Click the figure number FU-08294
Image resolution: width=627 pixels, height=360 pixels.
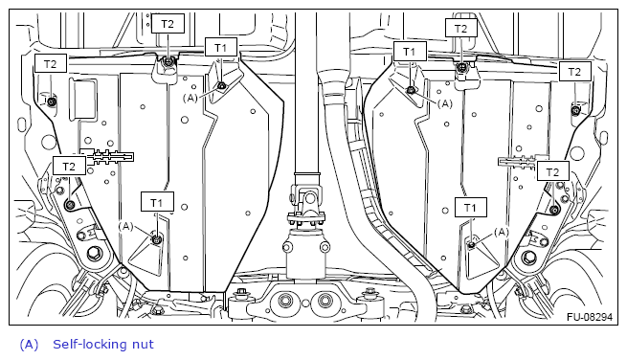click(590, 317)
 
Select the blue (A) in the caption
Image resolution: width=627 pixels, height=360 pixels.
click(29, 345)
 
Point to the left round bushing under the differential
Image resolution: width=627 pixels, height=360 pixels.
click(285, 301)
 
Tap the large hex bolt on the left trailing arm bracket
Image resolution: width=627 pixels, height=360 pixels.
click(95, 253)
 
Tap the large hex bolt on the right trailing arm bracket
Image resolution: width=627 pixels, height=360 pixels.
click(529, 256)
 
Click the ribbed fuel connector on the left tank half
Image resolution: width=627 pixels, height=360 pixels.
click(108, 157)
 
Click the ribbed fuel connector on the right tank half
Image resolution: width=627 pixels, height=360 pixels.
click(517, 162)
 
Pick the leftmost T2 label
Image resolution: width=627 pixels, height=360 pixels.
click(51, 64)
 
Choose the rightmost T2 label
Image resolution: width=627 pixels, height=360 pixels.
click(574, 72)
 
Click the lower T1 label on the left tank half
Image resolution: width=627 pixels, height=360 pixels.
click(157, 202)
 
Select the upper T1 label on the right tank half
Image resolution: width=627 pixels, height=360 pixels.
click(410, 51)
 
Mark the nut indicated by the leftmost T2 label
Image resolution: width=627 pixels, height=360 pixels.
click(52, 102)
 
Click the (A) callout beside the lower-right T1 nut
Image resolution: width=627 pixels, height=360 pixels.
click(502, 232)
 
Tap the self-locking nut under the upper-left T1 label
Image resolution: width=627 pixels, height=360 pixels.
click(221, 85)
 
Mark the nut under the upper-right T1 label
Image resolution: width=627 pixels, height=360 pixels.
click(411, 90)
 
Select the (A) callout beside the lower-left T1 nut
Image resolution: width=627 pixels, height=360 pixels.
click(126, 226)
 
